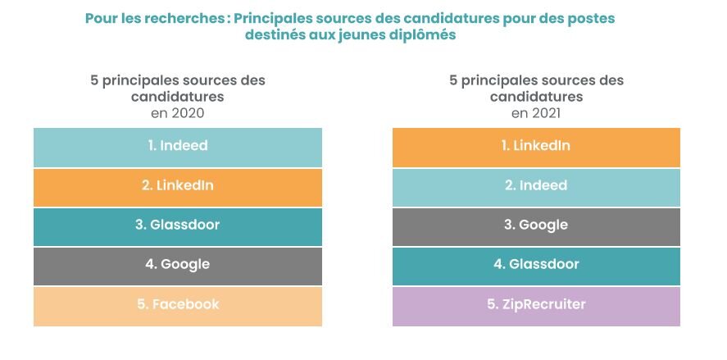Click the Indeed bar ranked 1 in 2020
tap(178, 147)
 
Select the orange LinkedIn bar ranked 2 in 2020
tap(178, 186)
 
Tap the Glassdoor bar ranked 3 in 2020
tap(178, 226)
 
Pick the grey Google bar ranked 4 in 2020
tap(178, 265)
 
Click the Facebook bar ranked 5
tap(178, 305)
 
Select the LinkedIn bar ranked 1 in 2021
tap(536, 147)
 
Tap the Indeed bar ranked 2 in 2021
tap(536, 186)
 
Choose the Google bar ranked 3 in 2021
tap(536, 226)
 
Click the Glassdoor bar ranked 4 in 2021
tap(536, 265)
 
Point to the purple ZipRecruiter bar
tap(536, 305)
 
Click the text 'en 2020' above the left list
tap(178, 113)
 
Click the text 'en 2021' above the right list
tap(536, 113)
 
